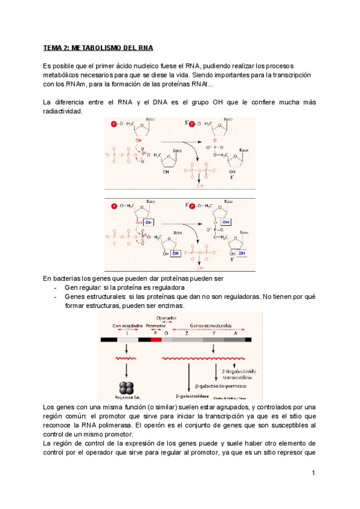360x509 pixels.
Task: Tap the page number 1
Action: coord(313,474)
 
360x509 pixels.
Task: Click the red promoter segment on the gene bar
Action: coord(156,340)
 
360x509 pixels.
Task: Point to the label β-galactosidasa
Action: coord(192,396)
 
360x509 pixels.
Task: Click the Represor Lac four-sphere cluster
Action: coord(127,387)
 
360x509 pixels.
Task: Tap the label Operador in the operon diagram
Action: coord(166,318)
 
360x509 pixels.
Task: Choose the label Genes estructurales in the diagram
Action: coord(210,325)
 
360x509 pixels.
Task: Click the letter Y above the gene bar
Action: coord(212,333)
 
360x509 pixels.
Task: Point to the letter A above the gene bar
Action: coord(235,333)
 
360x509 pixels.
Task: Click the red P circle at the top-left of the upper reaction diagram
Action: coord(114,124)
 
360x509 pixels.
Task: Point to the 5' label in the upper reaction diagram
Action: coord(186,122)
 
